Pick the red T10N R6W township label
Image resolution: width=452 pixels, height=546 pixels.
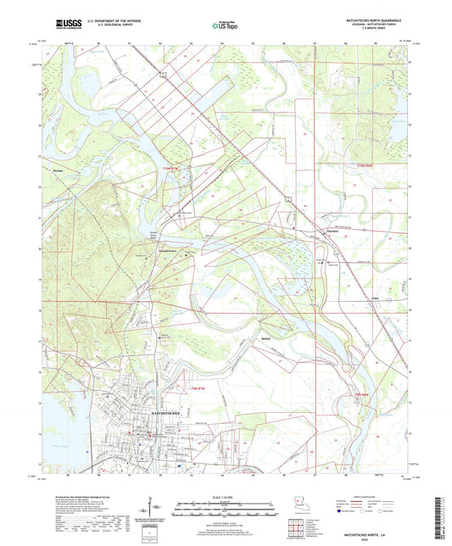(x=365, y=165)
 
